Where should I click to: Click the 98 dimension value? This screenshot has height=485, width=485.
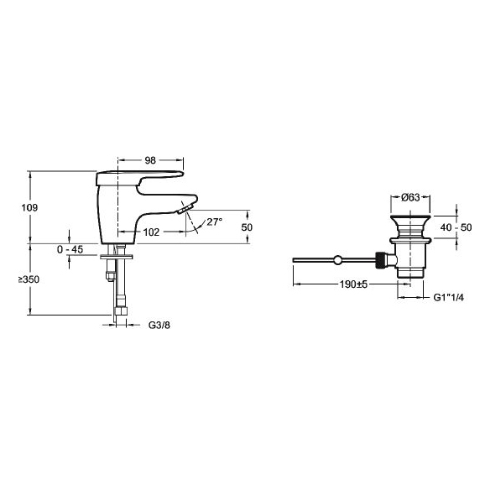coord(150,160)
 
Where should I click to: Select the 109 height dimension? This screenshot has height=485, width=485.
coord(29,207)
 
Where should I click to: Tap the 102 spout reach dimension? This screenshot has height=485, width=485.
coord(151,232)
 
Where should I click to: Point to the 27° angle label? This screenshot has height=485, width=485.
coord(214,222)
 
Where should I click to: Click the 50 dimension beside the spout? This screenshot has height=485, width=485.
coord(247,227)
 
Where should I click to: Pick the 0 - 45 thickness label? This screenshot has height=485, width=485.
coord(70,249)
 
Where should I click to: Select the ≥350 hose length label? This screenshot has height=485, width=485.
coord(29,279)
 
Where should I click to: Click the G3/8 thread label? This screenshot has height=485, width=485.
coord(159,325)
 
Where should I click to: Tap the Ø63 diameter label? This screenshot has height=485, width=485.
coord(410,197)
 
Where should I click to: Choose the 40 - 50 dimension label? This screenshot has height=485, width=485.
coord(456,227)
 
